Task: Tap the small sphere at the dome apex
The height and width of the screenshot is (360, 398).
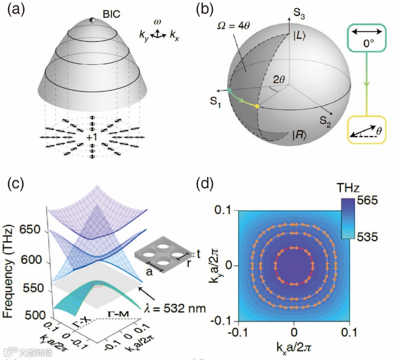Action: point(92,20)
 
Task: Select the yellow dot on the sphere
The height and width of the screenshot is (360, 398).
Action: point(257,107)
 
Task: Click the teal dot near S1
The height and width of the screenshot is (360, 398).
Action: point(229,89)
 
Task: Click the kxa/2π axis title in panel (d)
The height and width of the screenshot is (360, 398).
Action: point(294,349)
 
